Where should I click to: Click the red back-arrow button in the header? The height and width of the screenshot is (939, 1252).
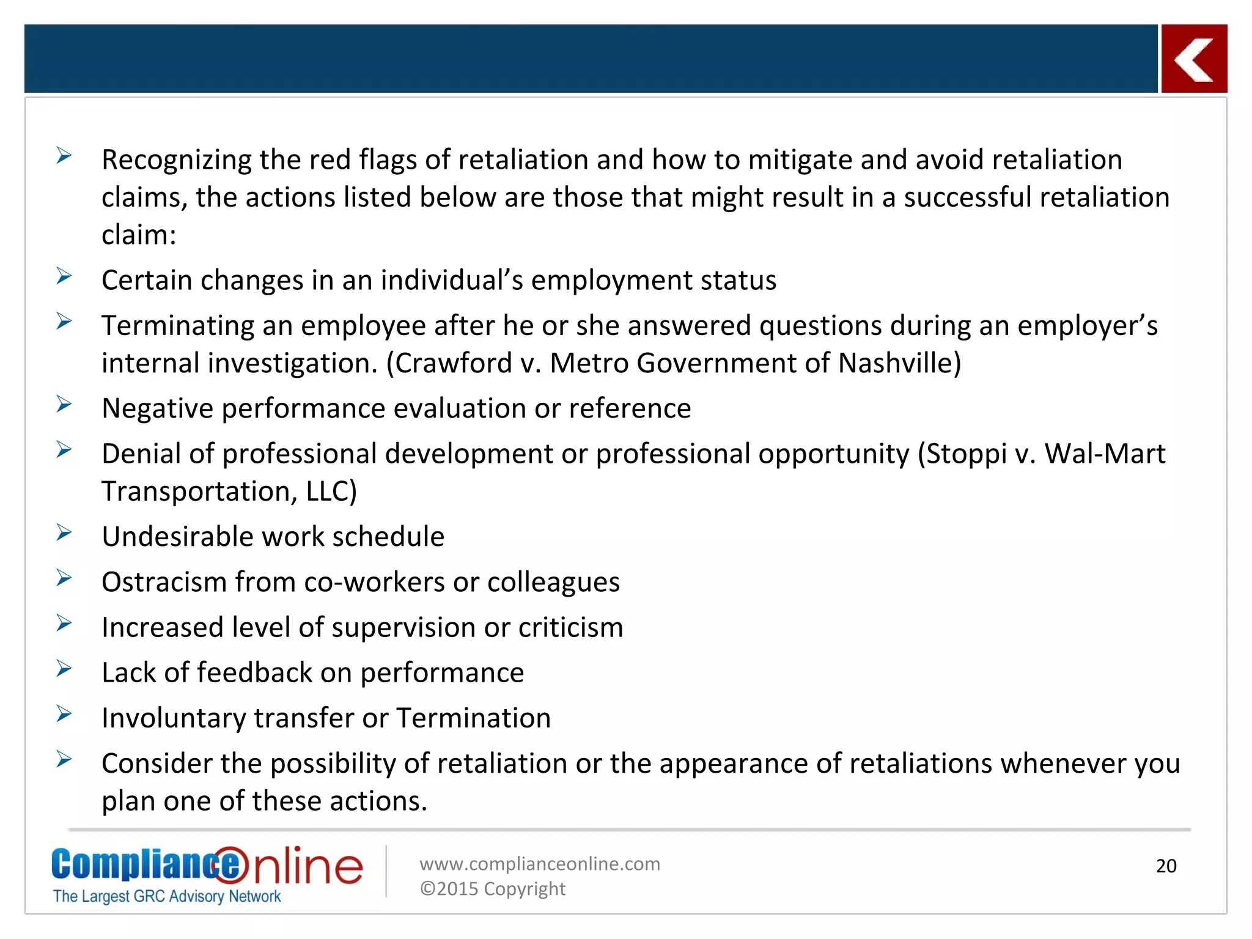click(1194, 59)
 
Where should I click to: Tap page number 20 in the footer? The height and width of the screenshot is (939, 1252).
click(1166, 866)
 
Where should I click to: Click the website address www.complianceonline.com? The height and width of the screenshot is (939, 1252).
click(540, 863)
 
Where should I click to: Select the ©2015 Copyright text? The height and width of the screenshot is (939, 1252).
click(493, 888)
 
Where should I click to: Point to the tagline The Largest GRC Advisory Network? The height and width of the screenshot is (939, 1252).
click(167, 896)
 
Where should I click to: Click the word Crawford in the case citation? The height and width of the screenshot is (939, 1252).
click(454, 363)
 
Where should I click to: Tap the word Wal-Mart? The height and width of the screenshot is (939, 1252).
click(1105, 454)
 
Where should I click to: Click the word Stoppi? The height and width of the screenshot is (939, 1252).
click(966, 454)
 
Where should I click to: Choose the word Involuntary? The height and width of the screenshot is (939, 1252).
click(173, 718)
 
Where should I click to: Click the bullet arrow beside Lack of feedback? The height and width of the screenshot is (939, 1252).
click(64, 668)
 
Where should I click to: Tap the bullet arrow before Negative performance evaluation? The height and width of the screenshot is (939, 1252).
click(64, 404)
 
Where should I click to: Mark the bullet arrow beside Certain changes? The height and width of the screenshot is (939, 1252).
click(64, 276)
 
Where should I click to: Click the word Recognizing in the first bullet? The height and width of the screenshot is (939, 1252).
click(176, 160)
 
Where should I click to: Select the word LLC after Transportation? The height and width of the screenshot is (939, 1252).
click(331, 492)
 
